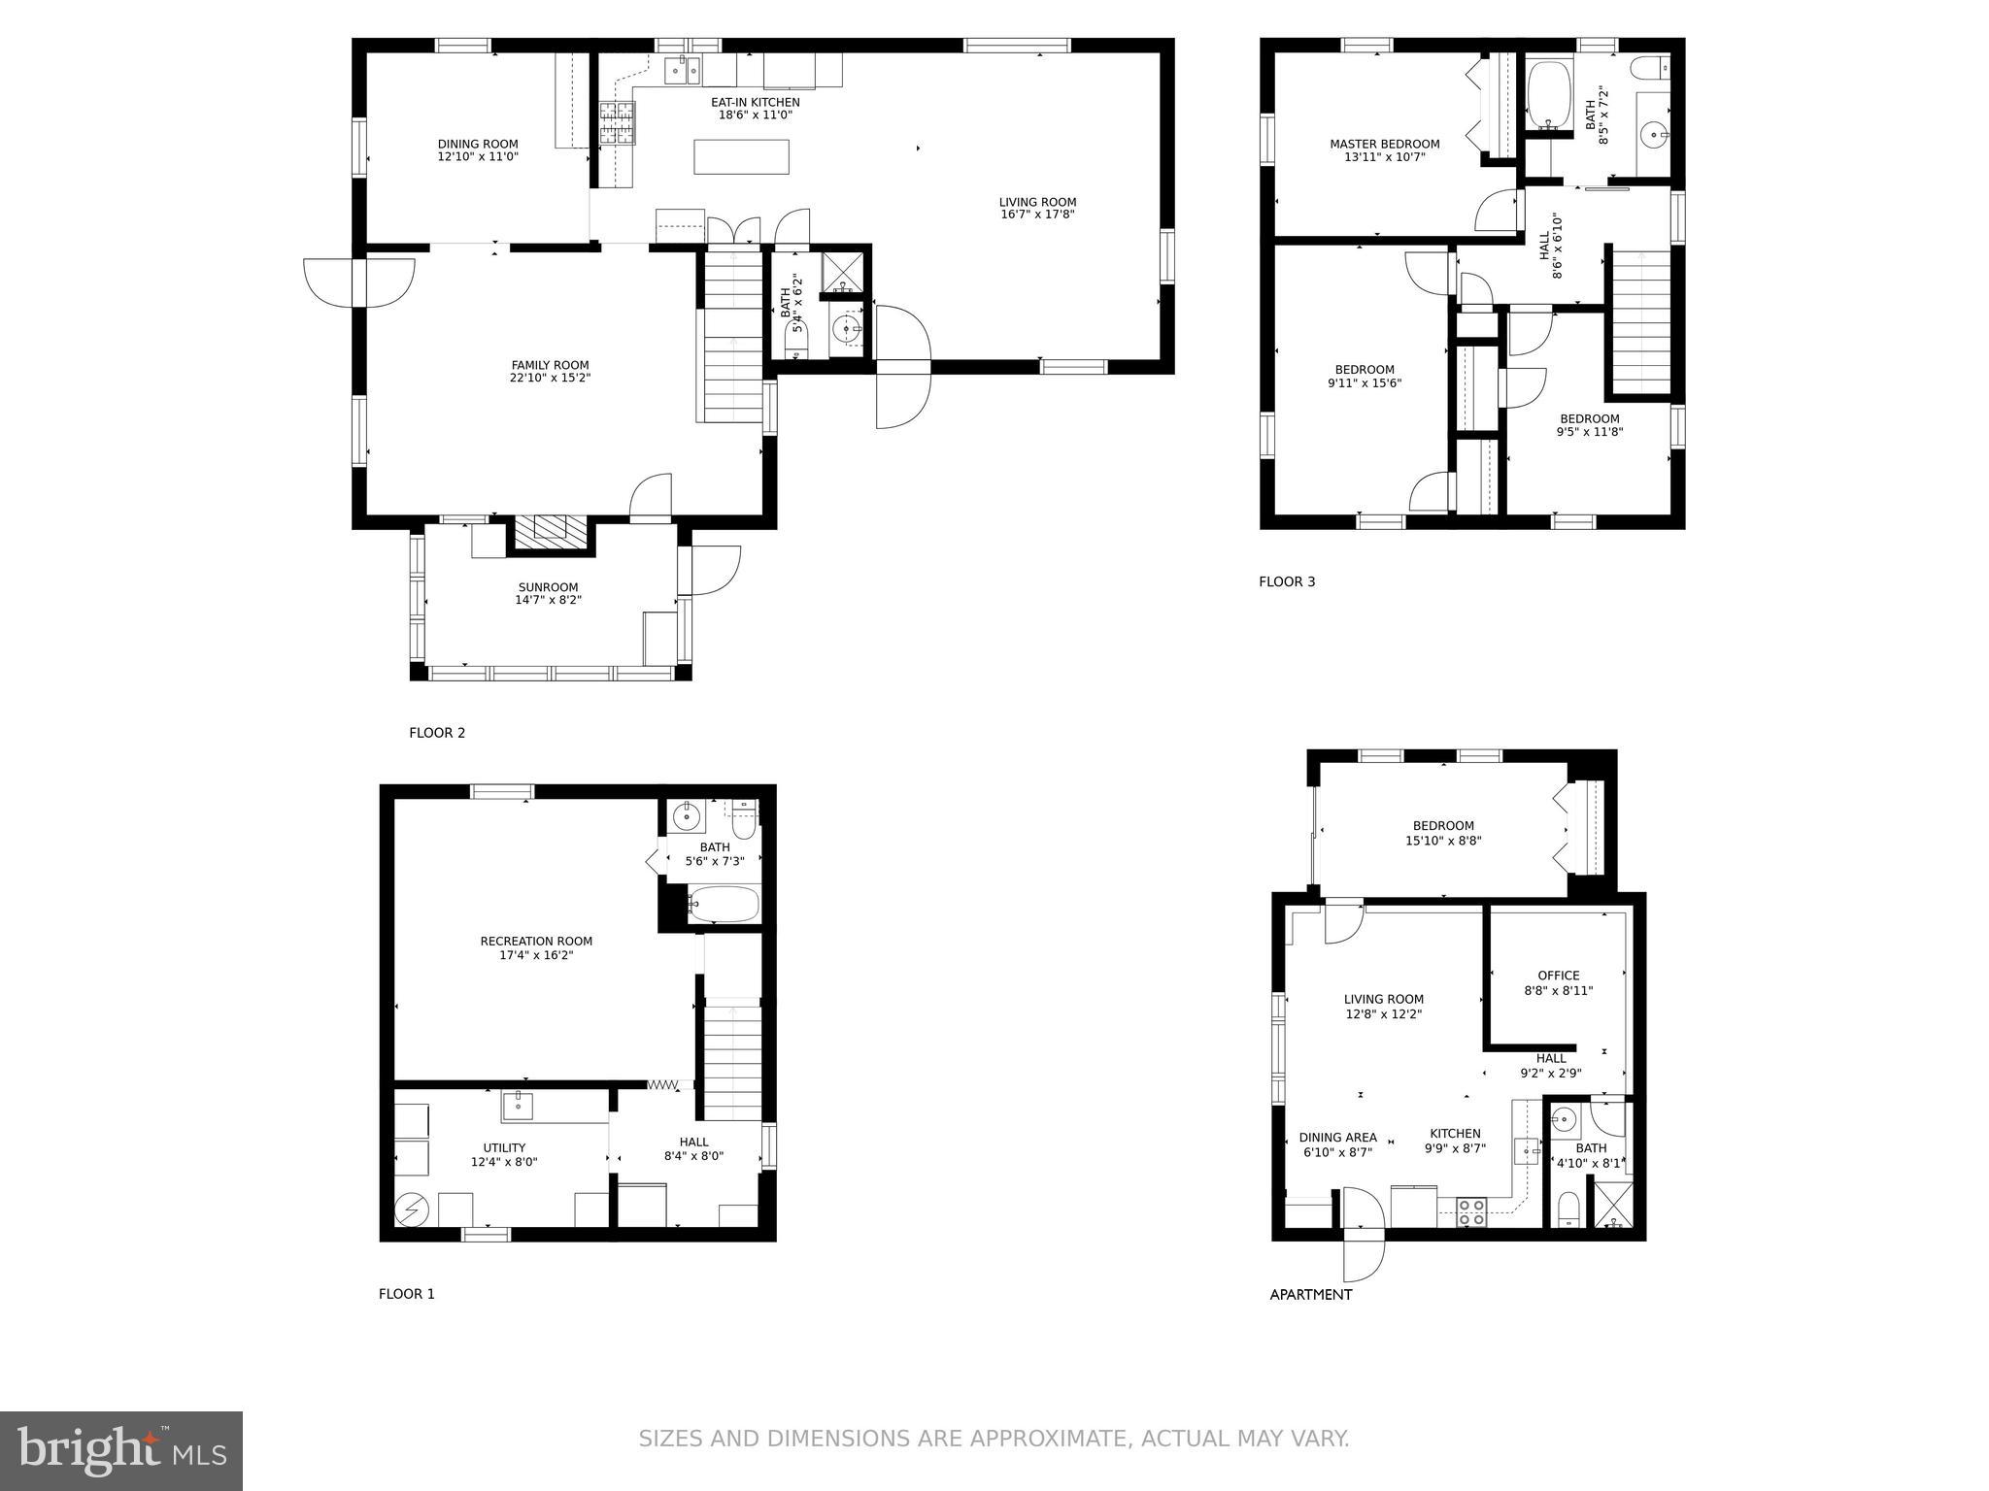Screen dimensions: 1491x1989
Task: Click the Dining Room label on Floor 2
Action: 478,144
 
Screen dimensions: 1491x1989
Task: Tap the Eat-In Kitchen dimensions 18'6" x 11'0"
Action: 756,115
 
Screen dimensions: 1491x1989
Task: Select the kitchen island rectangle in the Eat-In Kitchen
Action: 741,156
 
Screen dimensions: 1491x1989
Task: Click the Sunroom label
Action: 548,587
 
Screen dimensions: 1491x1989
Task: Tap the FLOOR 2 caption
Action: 437,733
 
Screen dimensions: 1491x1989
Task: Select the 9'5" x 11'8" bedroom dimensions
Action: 1590,432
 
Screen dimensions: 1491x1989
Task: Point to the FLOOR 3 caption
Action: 1287,581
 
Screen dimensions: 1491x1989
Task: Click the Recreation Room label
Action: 536,941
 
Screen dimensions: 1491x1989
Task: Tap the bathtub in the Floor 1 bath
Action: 724,905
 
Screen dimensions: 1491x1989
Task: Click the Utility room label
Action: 504,1147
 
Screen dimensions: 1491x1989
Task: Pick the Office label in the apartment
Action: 1558,976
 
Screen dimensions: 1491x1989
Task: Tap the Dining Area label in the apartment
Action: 1337,1138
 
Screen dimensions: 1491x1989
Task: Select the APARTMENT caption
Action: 1310,1294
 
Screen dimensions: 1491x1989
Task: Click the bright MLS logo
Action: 121,1451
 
